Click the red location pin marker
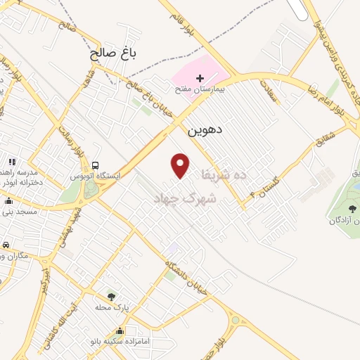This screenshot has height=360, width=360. point(181,165)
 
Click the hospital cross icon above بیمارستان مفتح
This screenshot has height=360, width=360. point(200,77)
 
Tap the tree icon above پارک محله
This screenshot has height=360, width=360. point(111,297)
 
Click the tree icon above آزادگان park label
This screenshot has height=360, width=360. point(352,208)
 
